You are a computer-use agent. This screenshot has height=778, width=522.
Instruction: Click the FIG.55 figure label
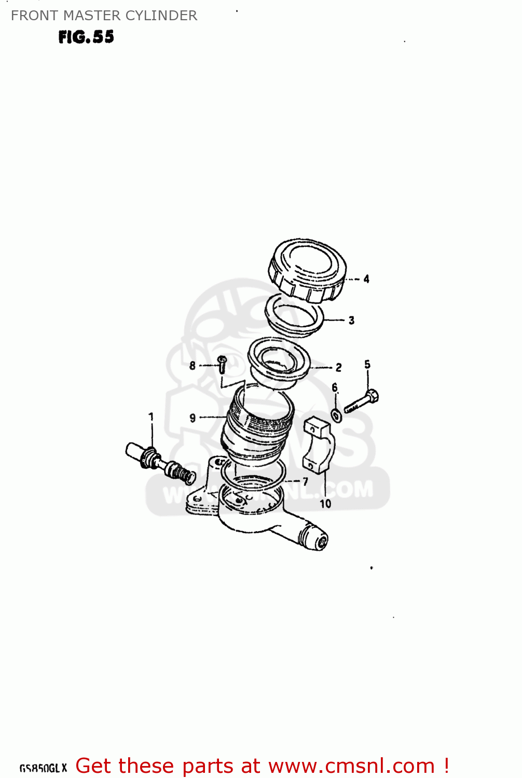(86, 37)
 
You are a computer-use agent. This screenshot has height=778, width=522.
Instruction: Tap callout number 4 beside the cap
(366, 279)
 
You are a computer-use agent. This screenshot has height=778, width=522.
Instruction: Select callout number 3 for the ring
(351, 320)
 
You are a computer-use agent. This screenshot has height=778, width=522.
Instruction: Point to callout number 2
(338, 367)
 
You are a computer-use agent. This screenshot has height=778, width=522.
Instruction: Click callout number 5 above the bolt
(367, 364)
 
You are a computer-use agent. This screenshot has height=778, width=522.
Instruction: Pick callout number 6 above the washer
(335, 387)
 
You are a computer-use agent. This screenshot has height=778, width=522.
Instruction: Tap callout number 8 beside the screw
(193, 366)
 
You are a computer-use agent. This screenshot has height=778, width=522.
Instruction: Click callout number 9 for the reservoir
(193, 418)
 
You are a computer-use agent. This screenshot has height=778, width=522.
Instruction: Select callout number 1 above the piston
(151, 416)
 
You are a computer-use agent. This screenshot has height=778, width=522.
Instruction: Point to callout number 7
(305, 481)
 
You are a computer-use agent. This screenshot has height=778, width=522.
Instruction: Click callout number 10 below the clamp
(325, 504)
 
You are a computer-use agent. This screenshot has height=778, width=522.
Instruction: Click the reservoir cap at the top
(308, 270)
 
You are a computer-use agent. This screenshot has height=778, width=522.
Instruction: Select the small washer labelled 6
(336, 415)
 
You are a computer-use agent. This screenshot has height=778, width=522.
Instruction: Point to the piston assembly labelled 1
(160, 461)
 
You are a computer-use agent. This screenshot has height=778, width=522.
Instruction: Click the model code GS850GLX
(44, 768)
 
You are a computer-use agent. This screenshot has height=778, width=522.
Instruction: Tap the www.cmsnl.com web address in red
(351, 766)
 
